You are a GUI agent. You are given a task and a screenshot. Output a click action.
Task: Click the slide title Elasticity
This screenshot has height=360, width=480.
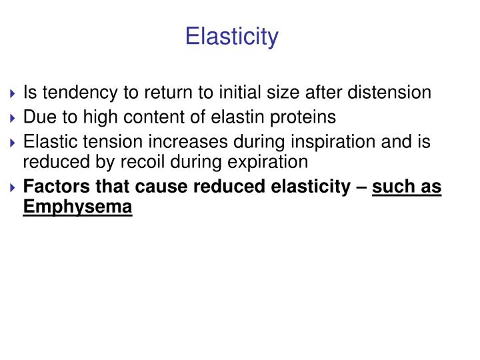231,36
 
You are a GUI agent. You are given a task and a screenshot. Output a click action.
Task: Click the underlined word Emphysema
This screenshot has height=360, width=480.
77,207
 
